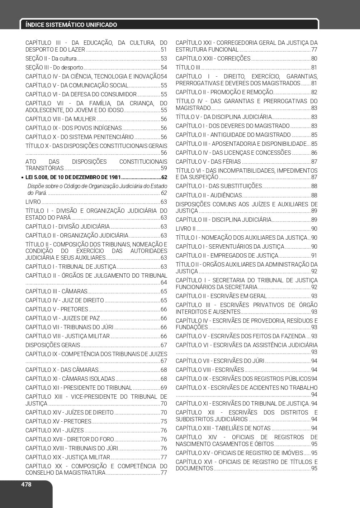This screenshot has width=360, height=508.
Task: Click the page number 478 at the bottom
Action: coord(26,484)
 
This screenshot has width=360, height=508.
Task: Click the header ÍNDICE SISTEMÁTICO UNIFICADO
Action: coord(71,25)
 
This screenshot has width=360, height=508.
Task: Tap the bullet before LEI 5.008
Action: coord(22,178)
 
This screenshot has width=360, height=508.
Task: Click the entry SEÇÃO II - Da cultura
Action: coord(51,59)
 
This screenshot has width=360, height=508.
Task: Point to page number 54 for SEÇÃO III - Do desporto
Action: coord(164,68)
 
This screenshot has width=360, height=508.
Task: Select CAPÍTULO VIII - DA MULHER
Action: coord(61,119)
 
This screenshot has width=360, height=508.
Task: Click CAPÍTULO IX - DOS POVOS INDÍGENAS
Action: coord(74,128)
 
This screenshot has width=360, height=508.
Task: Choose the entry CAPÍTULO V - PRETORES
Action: coord(57,310)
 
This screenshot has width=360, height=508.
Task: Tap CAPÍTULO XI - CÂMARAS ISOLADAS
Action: coord(70,379)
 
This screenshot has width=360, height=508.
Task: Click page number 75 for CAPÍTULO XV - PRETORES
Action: coord(164,422)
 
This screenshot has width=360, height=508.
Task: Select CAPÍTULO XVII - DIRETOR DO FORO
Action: coord(70,440)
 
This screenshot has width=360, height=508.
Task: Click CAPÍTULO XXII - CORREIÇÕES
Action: coord(213,59)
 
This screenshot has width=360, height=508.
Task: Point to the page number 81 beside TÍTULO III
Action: coord(314,68)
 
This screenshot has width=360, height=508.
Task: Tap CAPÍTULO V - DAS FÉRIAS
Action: coord(208,162)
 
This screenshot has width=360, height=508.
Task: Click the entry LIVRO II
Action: coord(185,229)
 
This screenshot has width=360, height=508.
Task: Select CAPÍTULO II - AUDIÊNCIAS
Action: coord(209,196)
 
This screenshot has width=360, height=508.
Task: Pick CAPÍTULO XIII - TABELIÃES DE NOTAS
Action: coord(223,428)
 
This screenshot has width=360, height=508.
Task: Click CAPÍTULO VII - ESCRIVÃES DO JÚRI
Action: coord(220,361)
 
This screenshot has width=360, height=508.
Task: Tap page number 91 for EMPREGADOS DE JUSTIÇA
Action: coord(314,256)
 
